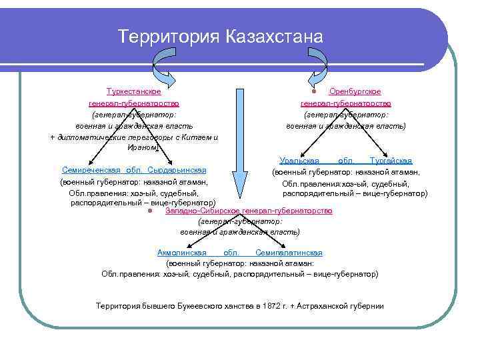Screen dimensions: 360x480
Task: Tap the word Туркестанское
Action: pos(133,91)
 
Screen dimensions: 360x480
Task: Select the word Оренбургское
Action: pos(355,91)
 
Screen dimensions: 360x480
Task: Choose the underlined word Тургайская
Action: pos(391,161)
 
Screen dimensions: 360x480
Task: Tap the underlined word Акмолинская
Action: pos(179,253)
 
